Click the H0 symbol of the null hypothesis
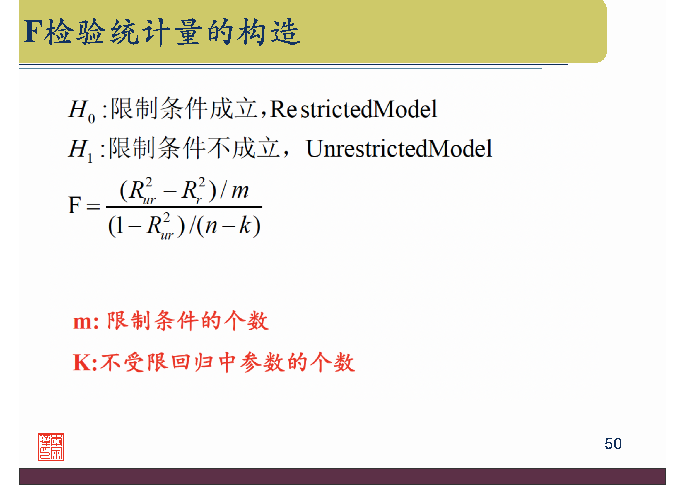click(81, 111)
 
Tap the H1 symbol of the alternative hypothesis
click(80, 150)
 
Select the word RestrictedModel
click(353, 109)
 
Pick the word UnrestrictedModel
click(399, 149)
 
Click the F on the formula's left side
click(74, 206)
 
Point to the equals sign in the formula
click(93, 206)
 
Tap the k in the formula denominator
click(245, 225)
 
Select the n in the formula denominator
click(211, 226)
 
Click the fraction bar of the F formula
click(184, 207)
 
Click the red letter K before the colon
click(81, 362)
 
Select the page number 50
click(613, 443)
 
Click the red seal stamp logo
click(51, 447)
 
